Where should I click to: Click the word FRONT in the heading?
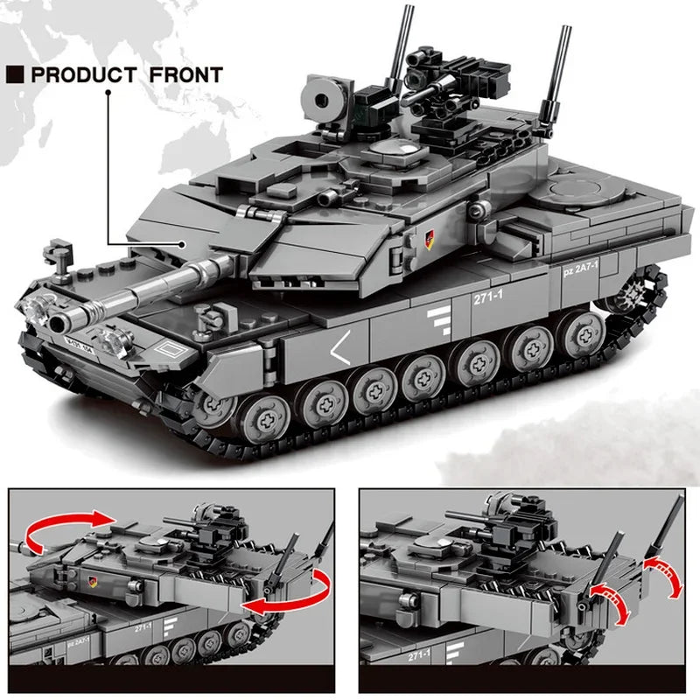tap(185, 74)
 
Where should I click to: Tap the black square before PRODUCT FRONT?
tap(15, 74)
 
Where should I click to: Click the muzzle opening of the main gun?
tap(59, 322)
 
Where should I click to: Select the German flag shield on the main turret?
tap(429, 234)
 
